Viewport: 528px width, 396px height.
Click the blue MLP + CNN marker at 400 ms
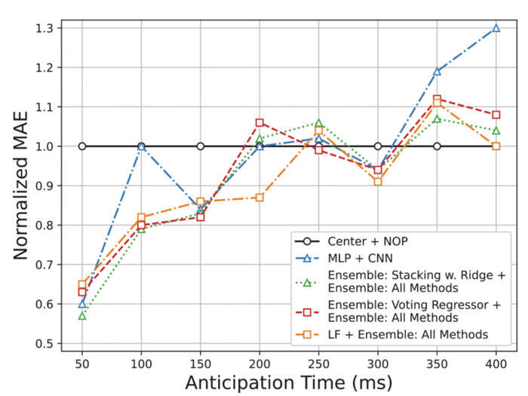[x=496, y=28]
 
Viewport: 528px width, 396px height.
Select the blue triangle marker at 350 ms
[x=437, y=72]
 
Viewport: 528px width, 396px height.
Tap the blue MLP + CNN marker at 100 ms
[x=141, y=146]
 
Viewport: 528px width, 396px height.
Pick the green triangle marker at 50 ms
[x=82, y=315]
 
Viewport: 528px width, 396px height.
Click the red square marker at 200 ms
[x=259, y=122]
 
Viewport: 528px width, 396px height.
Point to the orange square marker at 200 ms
[x=259, y=198]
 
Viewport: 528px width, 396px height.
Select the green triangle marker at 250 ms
[x=318, y=123]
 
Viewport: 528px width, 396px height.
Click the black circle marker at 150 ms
[x=201, y=146]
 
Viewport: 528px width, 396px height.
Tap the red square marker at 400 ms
[x=496, y=115]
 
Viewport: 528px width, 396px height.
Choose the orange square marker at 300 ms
[x=377, y=182]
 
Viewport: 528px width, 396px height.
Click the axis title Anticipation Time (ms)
[x=289, y=382]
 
